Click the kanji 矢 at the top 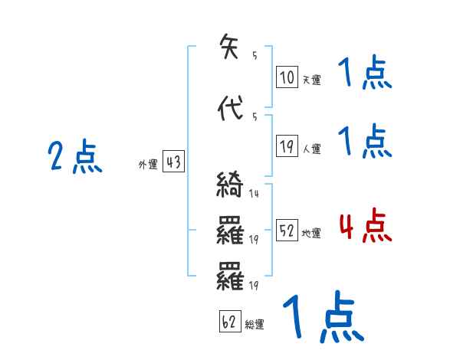231,47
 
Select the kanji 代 231,108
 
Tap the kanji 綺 231,186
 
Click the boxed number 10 287,77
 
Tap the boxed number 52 287,231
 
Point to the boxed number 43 174,162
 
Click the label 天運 311,79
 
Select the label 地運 311,232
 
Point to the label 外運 147,164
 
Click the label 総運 255,324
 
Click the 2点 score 75,158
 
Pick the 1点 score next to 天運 365,75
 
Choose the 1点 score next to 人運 365,142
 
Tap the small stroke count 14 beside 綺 254,194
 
